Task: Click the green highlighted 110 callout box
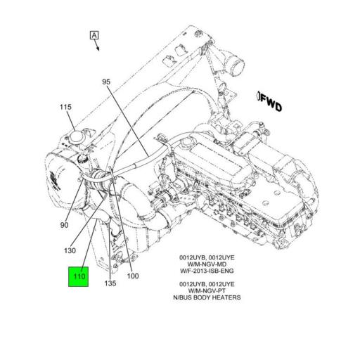click(x=77, y=277)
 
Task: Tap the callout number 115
click(x=65, y=107)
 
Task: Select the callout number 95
click(x=106, y=82)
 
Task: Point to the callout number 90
click(x=64, y=225)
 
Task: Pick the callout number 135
click(x=111, y=284)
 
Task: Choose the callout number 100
click(x=133, y=276)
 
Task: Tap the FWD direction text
click(x=270, y=105)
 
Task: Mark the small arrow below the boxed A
click(x=97, y=47)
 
